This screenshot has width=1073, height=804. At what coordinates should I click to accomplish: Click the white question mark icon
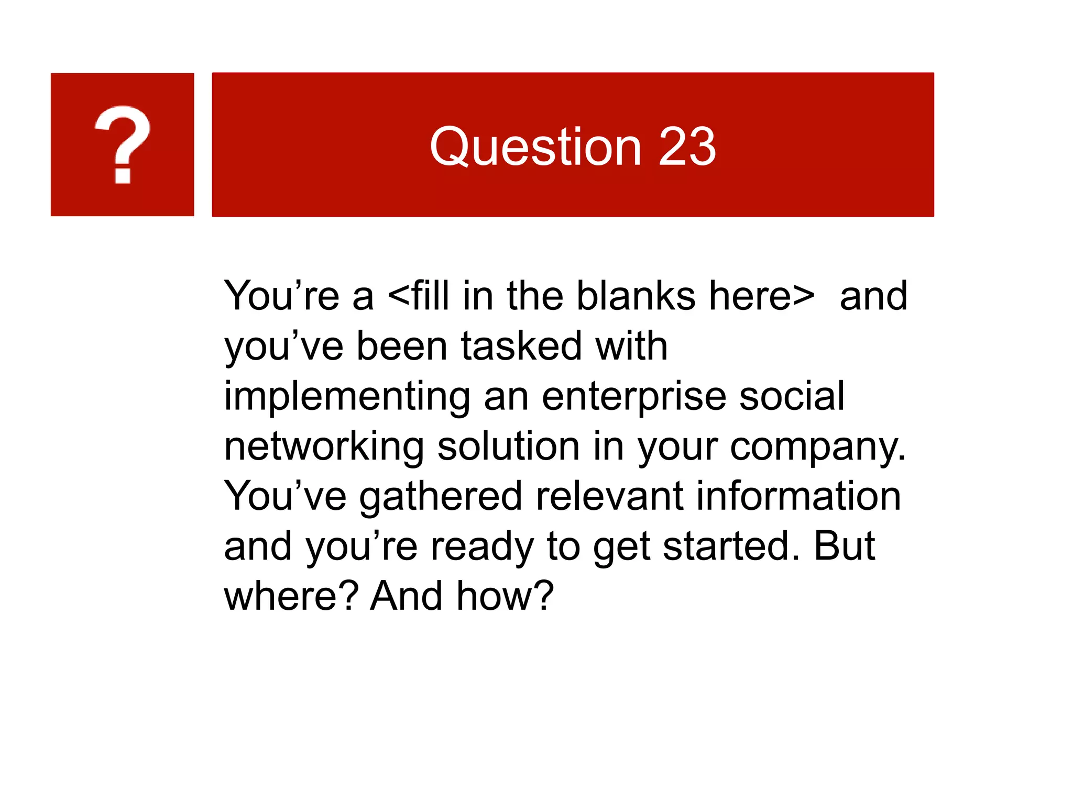click(123, 144)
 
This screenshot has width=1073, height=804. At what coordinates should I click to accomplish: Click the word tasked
click(521, 346)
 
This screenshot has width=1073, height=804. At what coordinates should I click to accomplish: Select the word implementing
click(347, 397)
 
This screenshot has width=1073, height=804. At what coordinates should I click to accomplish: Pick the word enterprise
click(634, 397)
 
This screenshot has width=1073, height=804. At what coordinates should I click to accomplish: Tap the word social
click(792, 396)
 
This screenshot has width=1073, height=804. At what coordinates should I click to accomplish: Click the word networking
click(324, 447)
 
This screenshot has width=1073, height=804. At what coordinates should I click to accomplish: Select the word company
click(817, 448)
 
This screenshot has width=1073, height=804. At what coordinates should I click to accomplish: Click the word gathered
click(441, 496)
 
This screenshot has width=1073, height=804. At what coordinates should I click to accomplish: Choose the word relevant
click(609, 496)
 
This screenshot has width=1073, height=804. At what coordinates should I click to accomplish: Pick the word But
click(844, 546)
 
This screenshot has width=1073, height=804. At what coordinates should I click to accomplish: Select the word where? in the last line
click(291, 596)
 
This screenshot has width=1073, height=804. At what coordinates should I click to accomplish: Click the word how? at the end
click(505, 596)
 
